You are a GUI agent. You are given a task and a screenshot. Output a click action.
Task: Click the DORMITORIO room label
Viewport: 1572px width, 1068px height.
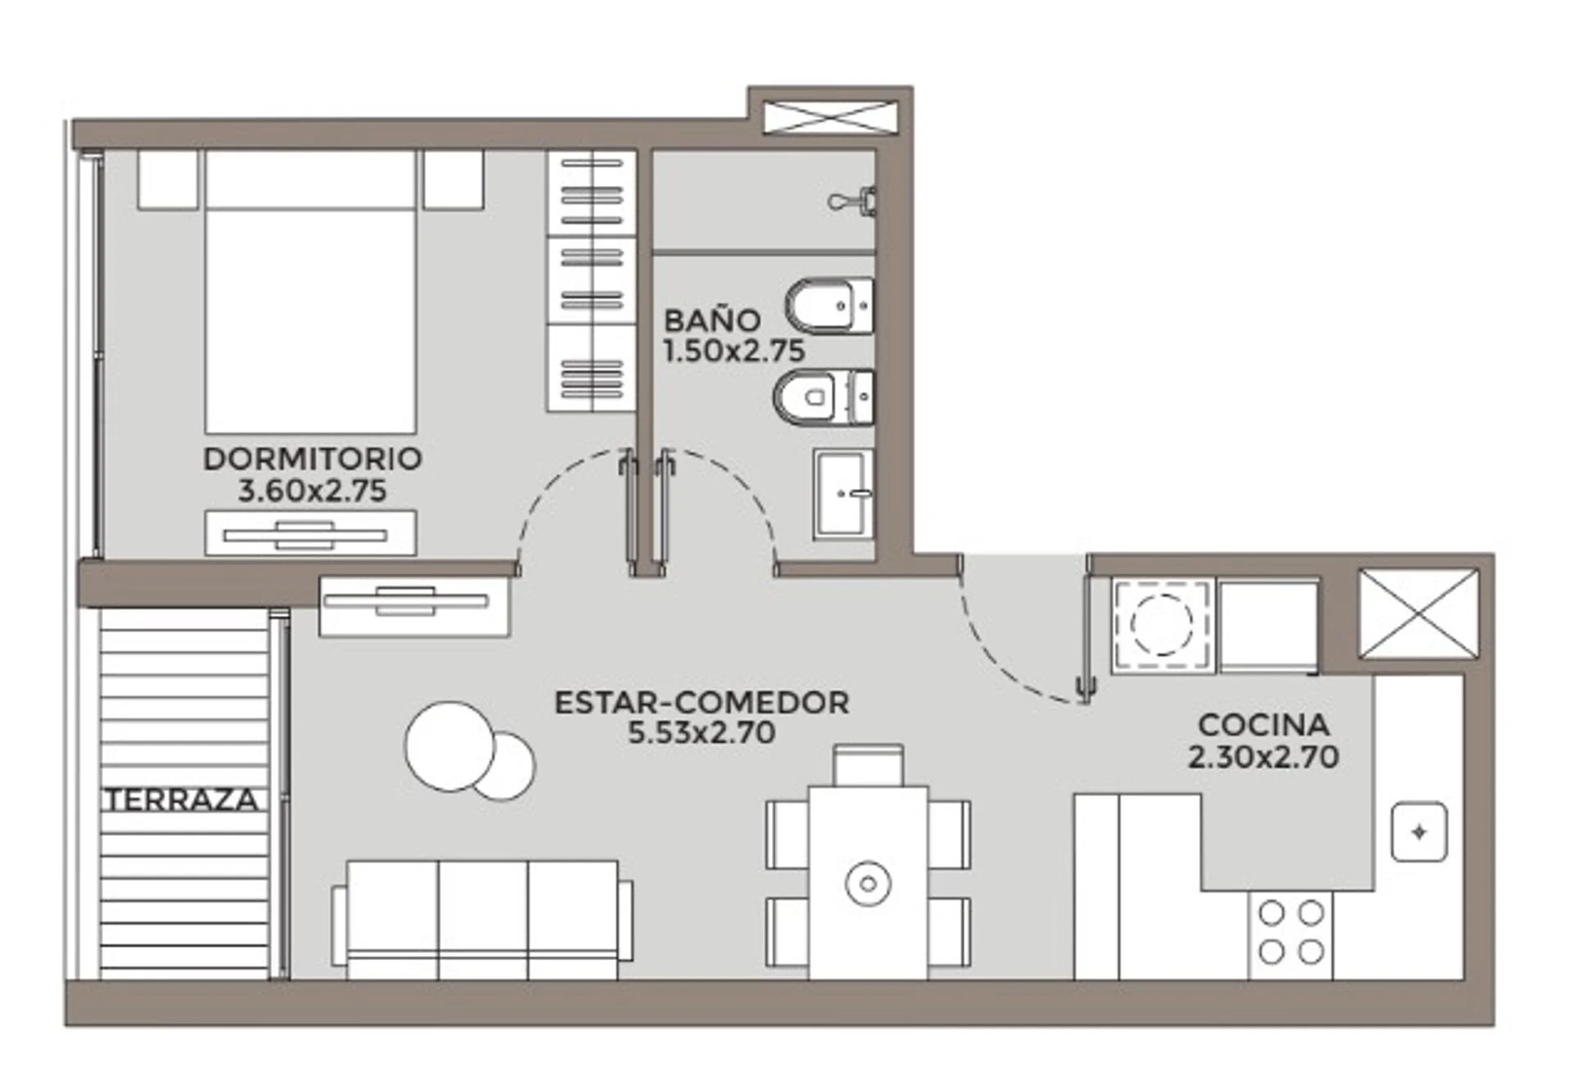313,459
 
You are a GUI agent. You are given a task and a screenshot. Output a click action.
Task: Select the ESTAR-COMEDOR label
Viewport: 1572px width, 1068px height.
702,703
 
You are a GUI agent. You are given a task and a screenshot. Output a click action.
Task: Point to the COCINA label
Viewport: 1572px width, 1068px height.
1263,725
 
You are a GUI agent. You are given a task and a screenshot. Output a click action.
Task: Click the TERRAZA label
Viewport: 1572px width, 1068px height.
182,800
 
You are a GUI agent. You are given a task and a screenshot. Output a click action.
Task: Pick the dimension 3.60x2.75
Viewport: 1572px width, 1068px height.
312,491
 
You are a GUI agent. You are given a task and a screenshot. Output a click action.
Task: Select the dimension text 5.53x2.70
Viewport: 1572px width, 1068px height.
702,732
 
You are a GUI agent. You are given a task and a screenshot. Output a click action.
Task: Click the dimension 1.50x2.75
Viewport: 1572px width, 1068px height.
734,351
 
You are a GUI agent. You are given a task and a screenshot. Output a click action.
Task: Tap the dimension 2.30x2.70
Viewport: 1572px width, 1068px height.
1263,756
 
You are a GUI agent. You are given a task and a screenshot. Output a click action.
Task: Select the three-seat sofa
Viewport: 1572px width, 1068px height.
482,920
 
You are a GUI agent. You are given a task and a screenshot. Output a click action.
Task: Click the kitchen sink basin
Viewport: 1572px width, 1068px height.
1420,832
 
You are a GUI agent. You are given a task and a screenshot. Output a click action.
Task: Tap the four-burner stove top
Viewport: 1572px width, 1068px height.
1291,933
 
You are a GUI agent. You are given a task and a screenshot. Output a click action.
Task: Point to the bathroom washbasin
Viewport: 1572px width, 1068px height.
843,493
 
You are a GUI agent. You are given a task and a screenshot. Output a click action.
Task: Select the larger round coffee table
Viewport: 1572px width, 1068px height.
449,746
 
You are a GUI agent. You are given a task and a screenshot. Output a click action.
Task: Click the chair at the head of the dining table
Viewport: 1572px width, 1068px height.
869,765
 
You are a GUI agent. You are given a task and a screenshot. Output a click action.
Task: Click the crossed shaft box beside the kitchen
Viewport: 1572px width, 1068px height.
1419,613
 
